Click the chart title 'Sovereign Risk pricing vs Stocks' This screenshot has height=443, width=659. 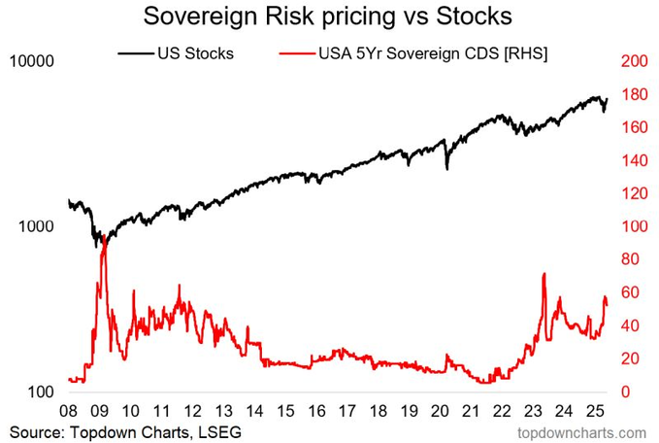(327, 17)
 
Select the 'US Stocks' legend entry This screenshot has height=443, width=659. (176, 53)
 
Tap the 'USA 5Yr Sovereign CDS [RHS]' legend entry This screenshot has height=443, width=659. (413, 53)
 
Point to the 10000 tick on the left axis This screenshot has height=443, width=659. (32, 61)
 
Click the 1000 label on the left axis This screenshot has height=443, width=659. (37, 226)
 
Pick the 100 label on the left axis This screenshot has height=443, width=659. (41, 392)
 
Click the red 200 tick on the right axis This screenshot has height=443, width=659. (634, 61)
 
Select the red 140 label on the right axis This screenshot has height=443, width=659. (634, 160)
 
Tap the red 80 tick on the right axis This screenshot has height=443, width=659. (630, 259)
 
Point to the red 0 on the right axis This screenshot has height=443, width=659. (625, 392)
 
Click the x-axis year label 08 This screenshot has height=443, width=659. (69, 411)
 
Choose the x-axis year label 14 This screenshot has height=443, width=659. (254, 411)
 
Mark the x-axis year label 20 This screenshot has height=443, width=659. (440, 411)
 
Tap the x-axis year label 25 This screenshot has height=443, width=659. (595, 411)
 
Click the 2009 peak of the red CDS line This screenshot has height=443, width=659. (104, 236)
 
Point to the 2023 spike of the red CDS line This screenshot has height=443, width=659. (544, 274)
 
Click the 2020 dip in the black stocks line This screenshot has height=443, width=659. (447, 169)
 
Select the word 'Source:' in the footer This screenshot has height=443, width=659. (37, 432)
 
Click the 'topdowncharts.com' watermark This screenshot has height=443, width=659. (581, 432)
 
